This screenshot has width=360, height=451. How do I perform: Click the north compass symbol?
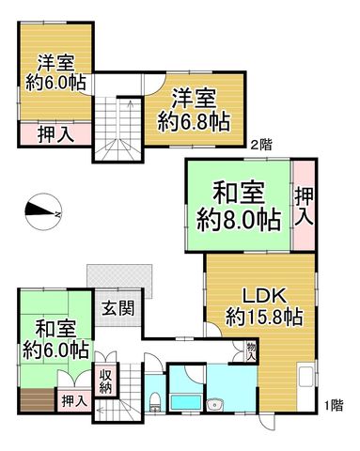coord(43,212)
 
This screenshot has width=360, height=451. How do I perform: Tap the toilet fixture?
coord(155,402)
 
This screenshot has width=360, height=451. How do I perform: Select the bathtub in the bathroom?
coord(185,403)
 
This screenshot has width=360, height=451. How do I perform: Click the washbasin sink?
coord(214,404)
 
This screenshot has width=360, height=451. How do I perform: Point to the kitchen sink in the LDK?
coord(305,376)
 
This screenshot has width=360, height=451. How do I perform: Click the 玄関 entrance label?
coord(118,308)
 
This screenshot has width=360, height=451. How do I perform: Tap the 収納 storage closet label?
coord(105,381)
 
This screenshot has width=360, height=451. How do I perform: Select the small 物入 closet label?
coord(251,351)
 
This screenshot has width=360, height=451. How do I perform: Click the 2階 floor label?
coord(261,145)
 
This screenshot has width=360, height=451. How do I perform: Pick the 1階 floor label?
coord(334,406)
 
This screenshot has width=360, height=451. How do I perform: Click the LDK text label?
coord(265,296)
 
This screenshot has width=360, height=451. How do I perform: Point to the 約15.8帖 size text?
coord(264,318)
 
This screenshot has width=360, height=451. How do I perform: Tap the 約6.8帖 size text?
coord(194,121)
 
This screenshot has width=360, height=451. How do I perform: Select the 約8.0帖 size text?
coord(239,221)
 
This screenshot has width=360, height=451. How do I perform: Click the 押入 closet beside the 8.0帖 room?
coord(304,206)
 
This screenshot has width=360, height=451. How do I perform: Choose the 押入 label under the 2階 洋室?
coord(56,134)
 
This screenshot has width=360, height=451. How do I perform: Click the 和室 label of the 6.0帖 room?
coord(55,329)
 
